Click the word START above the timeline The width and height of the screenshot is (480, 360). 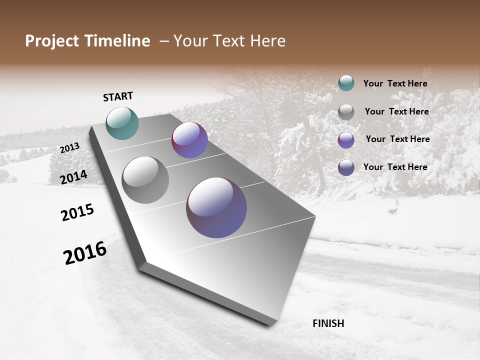point(118,96)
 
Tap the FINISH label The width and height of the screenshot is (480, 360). point(328,323)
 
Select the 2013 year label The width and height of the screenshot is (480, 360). point(69,148)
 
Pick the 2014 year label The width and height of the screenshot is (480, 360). point(74,177)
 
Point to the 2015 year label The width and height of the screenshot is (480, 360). point(77,212)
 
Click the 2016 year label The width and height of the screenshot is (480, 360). point(85,253)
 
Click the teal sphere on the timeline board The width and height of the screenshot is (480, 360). point(122,123)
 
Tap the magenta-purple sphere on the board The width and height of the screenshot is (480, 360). point(189,140)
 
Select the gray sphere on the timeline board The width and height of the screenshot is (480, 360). point(145,180)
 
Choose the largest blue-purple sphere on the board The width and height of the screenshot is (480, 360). point(216,207)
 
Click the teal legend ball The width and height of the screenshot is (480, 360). point(346,83)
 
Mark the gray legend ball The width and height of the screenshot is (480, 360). point(346,112)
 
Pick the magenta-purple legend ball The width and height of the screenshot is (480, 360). point(346,140)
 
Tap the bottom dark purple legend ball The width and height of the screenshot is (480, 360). point(346,167)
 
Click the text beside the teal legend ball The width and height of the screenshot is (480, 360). point(395,83)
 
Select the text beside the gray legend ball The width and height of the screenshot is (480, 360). point(396,111)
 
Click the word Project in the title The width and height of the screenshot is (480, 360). point(52,41)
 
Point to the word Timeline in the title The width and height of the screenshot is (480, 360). point(117,41)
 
